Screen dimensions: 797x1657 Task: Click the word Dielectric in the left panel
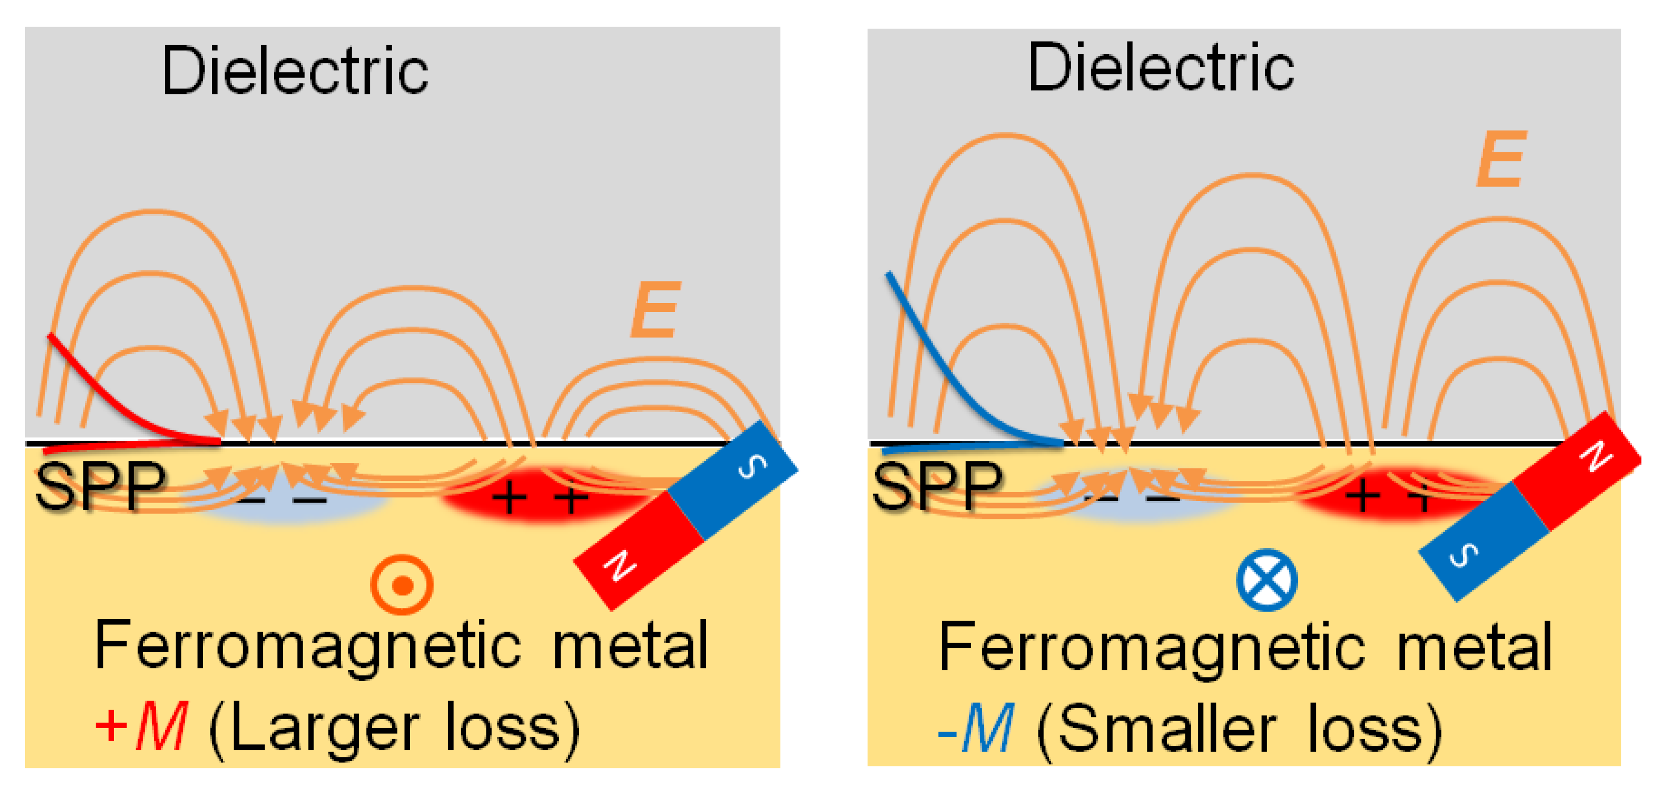point(294,71)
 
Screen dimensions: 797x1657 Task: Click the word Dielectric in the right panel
point(1161,68)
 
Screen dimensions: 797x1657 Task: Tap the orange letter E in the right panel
point(1500,159)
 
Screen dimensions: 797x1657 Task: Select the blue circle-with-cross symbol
point(1266,579)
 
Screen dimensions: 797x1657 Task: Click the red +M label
point(142,726)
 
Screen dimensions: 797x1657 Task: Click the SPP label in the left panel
point(99,486)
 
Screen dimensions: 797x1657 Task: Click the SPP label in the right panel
point(937,486)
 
